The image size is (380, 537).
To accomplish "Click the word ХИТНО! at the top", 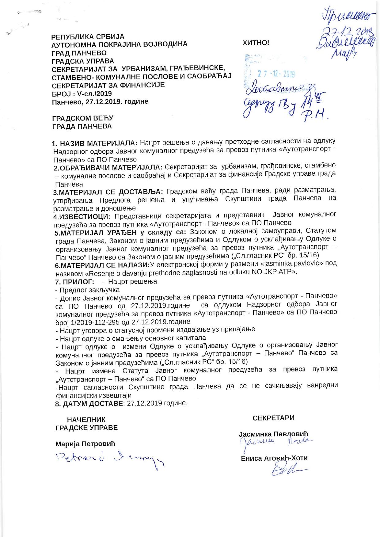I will click(256, 43).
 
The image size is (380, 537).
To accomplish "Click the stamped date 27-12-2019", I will click(276, 74).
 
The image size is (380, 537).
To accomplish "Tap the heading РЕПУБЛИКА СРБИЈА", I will click(88, 37).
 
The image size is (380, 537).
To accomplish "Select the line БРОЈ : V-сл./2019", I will click(82, 93).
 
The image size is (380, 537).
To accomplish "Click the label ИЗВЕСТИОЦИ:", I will click(84, 217).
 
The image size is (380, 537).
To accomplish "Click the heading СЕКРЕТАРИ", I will click(273, 418).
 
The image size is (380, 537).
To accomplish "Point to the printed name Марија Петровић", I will click(85, 444).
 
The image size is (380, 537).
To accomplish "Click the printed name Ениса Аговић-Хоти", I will click(274, 459).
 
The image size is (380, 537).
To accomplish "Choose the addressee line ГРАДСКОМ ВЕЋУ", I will click(83, 118).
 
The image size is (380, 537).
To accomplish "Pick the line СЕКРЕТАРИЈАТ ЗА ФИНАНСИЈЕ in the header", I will click(108, 85).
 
